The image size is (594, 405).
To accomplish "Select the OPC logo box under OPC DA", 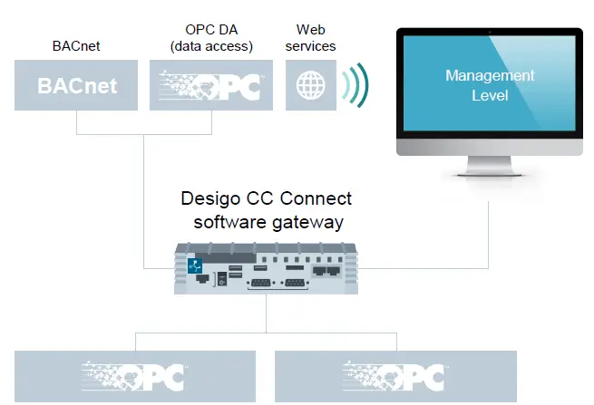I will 210,85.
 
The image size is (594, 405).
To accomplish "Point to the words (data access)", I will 210,46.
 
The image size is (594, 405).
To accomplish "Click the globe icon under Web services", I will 310,85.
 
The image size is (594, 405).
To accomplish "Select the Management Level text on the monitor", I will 490,84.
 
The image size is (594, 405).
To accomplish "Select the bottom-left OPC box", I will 135,376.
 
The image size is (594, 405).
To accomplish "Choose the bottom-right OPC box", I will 394,376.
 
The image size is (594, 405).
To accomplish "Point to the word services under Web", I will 310,46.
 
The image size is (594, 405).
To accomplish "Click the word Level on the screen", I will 490,94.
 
